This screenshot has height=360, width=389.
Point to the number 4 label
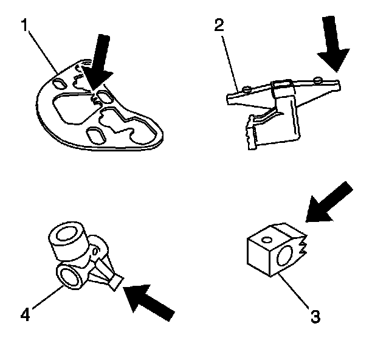(x=24, y=314)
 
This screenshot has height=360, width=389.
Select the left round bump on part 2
(x=246, y=89)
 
